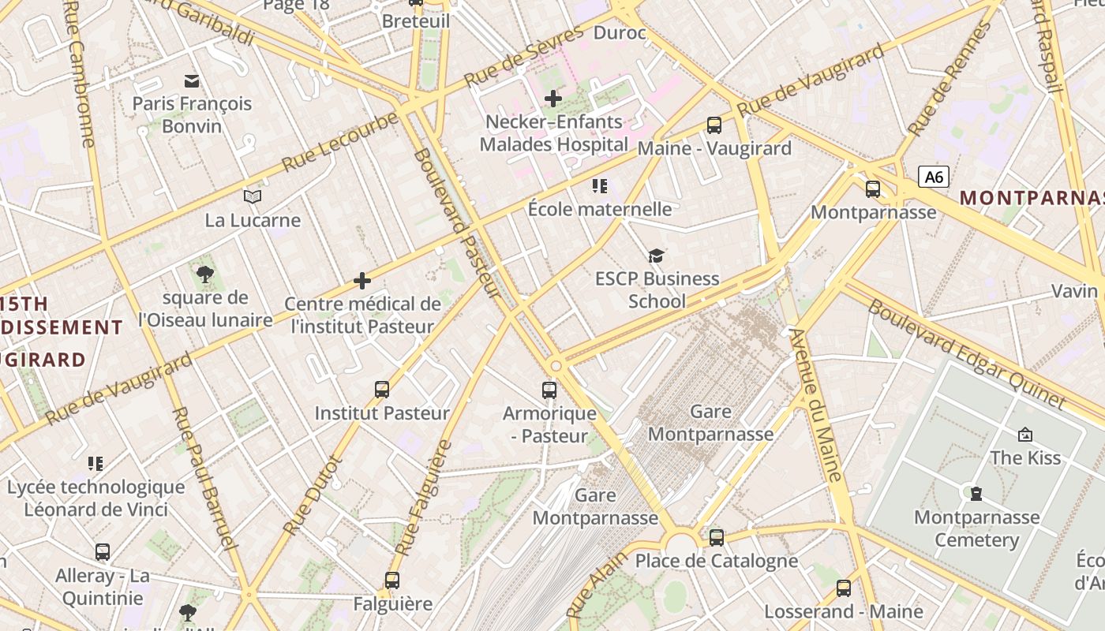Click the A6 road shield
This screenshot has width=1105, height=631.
(x=934, y=177)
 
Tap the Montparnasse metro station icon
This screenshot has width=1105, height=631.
(x=873, y=189)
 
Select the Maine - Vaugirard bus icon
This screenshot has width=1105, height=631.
(x=714, y=125)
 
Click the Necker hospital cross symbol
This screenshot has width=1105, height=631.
(x=553, y=99)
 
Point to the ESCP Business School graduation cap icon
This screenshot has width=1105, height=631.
(x=656, y=256)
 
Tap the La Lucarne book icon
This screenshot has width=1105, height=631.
(x=253, y=196)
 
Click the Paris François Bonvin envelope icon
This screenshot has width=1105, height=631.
(x=192, y=80)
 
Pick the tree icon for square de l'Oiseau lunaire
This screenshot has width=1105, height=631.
(x=205, y=274)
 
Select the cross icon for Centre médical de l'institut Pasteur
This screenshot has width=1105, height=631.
(x=362, y=281)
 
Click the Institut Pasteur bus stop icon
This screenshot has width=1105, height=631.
(x=382, y=390)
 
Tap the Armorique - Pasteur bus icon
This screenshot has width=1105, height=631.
(x=549, y=390)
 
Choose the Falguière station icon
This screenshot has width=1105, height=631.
(x=392, y=581)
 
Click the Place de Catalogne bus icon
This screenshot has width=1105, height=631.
(x=717, y=538)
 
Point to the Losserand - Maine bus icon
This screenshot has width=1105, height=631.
(x=844, y=588)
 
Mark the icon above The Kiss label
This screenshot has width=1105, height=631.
(x=1025, y=434)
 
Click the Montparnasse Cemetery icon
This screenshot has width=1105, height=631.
(x=976, y=494)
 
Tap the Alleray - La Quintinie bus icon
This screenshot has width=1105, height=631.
(x=103, y=552)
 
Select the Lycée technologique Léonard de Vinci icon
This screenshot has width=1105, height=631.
(x=96, y=463)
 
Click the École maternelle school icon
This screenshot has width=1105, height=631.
(x=600, y=186)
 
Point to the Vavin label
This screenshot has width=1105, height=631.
(x=1074, y=291)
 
